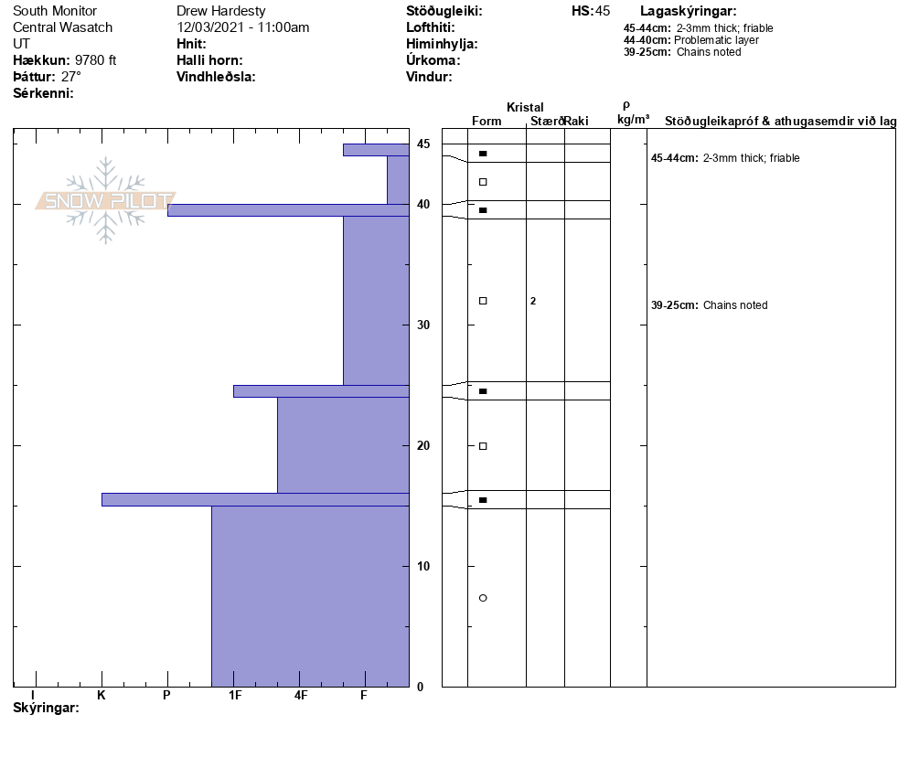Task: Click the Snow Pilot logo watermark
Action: pos(106,200)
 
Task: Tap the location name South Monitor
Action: pos(55,11)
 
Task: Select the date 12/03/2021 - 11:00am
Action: pos(243,27)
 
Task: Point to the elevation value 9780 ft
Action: pos(96,60)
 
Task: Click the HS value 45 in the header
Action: pos(602,11)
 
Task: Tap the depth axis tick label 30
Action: pos(422,325)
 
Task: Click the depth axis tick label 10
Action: pos(422,566)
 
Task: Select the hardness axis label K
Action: pos(102,696)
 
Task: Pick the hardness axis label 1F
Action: pos(235,696)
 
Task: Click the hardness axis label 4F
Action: pos(301,696)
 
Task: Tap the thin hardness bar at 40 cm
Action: pos(287,210)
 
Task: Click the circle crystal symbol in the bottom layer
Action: pos(483,598)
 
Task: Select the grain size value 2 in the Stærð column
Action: pos(533,301)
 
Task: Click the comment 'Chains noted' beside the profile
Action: pos(734,305)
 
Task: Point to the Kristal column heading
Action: pos(525,108)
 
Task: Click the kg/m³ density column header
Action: pos(633,120)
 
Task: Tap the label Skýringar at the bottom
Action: pos(46,709)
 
